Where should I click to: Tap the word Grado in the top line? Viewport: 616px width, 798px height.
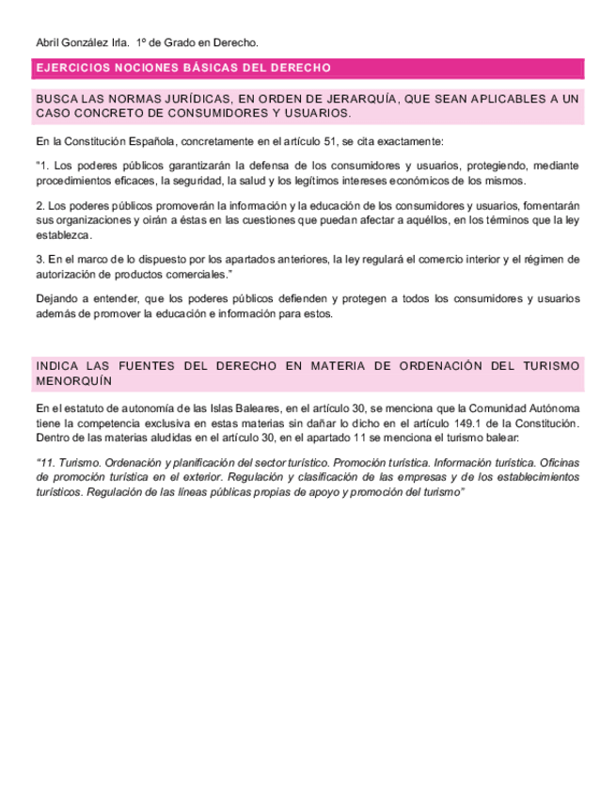click(x=181, y=43)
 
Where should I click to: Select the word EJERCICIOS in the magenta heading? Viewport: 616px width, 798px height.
click(x=71, y=69)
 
